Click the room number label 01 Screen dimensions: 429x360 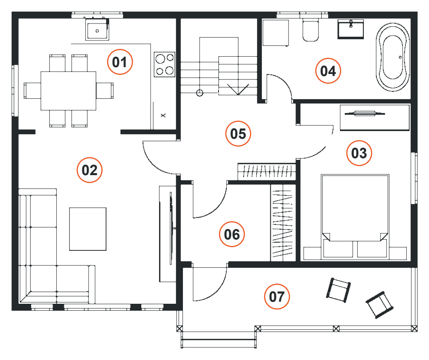(x=120, y=62)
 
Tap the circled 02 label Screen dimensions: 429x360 (x=89, y=170)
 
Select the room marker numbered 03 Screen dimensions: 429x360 (x=359, y=153)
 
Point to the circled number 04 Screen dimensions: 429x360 (x=328, y=71)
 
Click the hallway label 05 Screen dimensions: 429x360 (x=238, y=133)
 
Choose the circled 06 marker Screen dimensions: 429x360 (x=232, y=234)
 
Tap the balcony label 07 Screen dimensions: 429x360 (x=277, y=296)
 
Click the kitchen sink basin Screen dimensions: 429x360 (x=97, y=30)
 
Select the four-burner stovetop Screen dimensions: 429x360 (x=164, y=64)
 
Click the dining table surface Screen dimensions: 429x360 (x=68, y=91)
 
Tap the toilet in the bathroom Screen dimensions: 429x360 (x=310, y=30)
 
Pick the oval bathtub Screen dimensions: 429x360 (x=393, y=57)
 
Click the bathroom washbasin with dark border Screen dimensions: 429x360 (x=351, y=29)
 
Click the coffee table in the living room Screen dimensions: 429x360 (x=88, y=229)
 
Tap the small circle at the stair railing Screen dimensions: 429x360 (x=200, y=93)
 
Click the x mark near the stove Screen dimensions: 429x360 (x=163, y=116)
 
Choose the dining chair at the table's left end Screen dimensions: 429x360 (x=32, y=91)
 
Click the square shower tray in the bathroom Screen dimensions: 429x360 (x=276, y=32)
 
